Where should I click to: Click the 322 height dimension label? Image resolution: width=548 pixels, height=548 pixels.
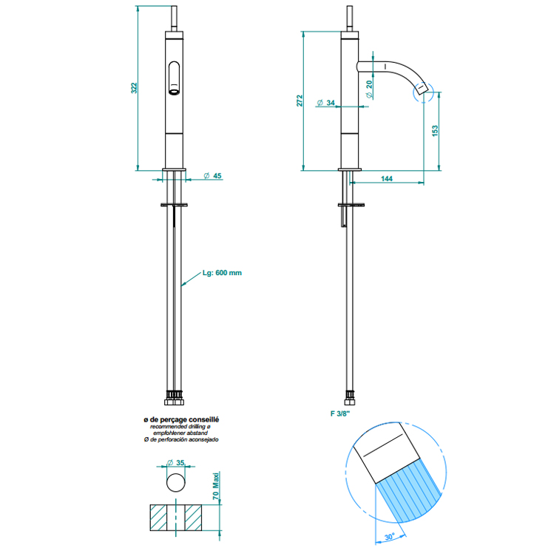tap(134, 88)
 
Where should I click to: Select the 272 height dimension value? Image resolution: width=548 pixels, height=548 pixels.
tap(300, 101)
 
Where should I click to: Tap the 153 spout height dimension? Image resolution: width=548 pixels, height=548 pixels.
tap(435, 131)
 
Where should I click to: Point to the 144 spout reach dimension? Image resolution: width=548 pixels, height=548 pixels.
tap(387, 178)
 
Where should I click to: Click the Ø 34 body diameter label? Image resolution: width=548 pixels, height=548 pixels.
tap(325, 103)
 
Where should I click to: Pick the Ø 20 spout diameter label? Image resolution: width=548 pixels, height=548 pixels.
tap(370, 89)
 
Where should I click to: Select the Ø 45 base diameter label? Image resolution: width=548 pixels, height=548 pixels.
tap(212, 176)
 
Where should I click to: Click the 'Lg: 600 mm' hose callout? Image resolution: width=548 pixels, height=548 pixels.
tap(222, 273)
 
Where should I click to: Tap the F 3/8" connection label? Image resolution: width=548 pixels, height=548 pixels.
tap(340, 413)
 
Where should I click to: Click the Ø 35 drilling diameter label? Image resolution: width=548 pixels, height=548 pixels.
tap(176, 463)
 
